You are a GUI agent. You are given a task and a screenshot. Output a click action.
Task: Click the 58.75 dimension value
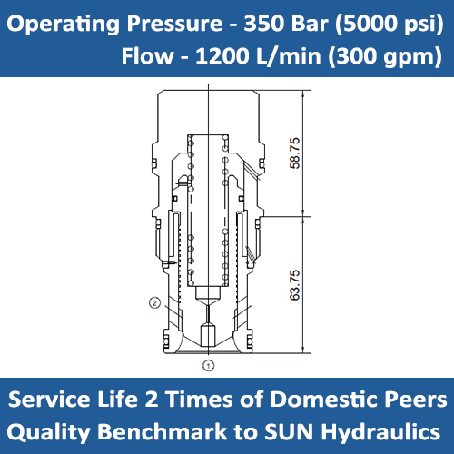pyautogui.click(x=295, y=153)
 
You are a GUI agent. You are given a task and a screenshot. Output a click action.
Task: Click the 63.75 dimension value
pyautogui.click(x=295, y=285)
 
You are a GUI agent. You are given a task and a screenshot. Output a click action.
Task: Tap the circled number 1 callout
pyautogui.click(x=208, y=366)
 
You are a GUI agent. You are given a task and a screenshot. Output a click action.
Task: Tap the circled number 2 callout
pyautogui.click(x=154, y=303)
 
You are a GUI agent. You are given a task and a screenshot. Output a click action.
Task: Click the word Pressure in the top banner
pyautogui.click(x=174, y=24)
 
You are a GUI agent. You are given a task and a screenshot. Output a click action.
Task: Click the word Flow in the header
pyautogui.click(x=148, y=56)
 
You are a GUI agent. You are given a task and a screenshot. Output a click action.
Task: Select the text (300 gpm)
pyautogui.click(x=385, y=57)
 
